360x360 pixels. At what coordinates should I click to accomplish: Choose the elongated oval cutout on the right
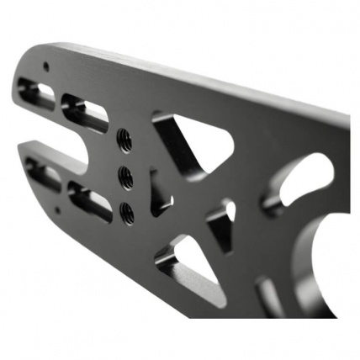(299, 181)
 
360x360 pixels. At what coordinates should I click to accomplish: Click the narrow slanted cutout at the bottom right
(273, 294)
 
